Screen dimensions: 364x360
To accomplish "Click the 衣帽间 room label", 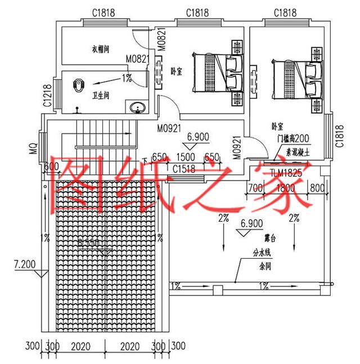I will [100, 49].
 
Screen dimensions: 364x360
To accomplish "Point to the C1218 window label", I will [47, 95].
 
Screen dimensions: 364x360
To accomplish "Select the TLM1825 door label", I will [286, 173].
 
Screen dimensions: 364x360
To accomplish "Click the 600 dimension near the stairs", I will [51, 166].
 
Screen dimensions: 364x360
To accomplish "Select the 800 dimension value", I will [317, 188].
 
